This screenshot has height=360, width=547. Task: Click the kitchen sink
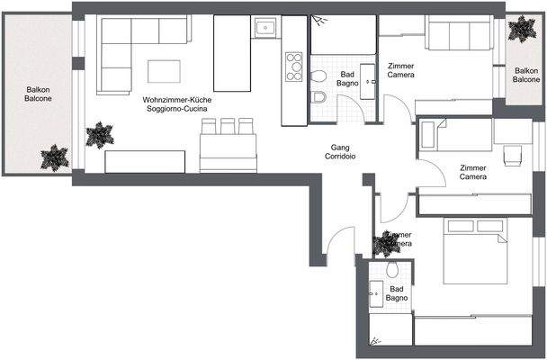point(265,28)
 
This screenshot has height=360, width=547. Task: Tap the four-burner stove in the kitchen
point(293,66)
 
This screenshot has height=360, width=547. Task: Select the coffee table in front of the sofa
point(163,71)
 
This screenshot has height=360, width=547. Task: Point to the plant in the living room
point(99,136)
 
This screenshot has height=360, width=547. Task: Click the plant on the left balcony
point(55,158)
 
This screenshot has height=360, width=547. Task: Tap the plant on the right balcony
point(520,31)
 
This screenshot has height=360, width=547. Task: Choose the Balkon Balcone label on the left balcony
point(38,94)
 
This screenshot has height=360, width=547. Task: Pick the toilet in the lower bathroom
point(391,272)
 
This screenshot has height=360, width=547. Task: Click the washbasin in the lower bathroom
point(376,291)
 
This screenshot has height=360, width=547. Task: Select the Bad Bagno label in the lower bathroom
point(399,292)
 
